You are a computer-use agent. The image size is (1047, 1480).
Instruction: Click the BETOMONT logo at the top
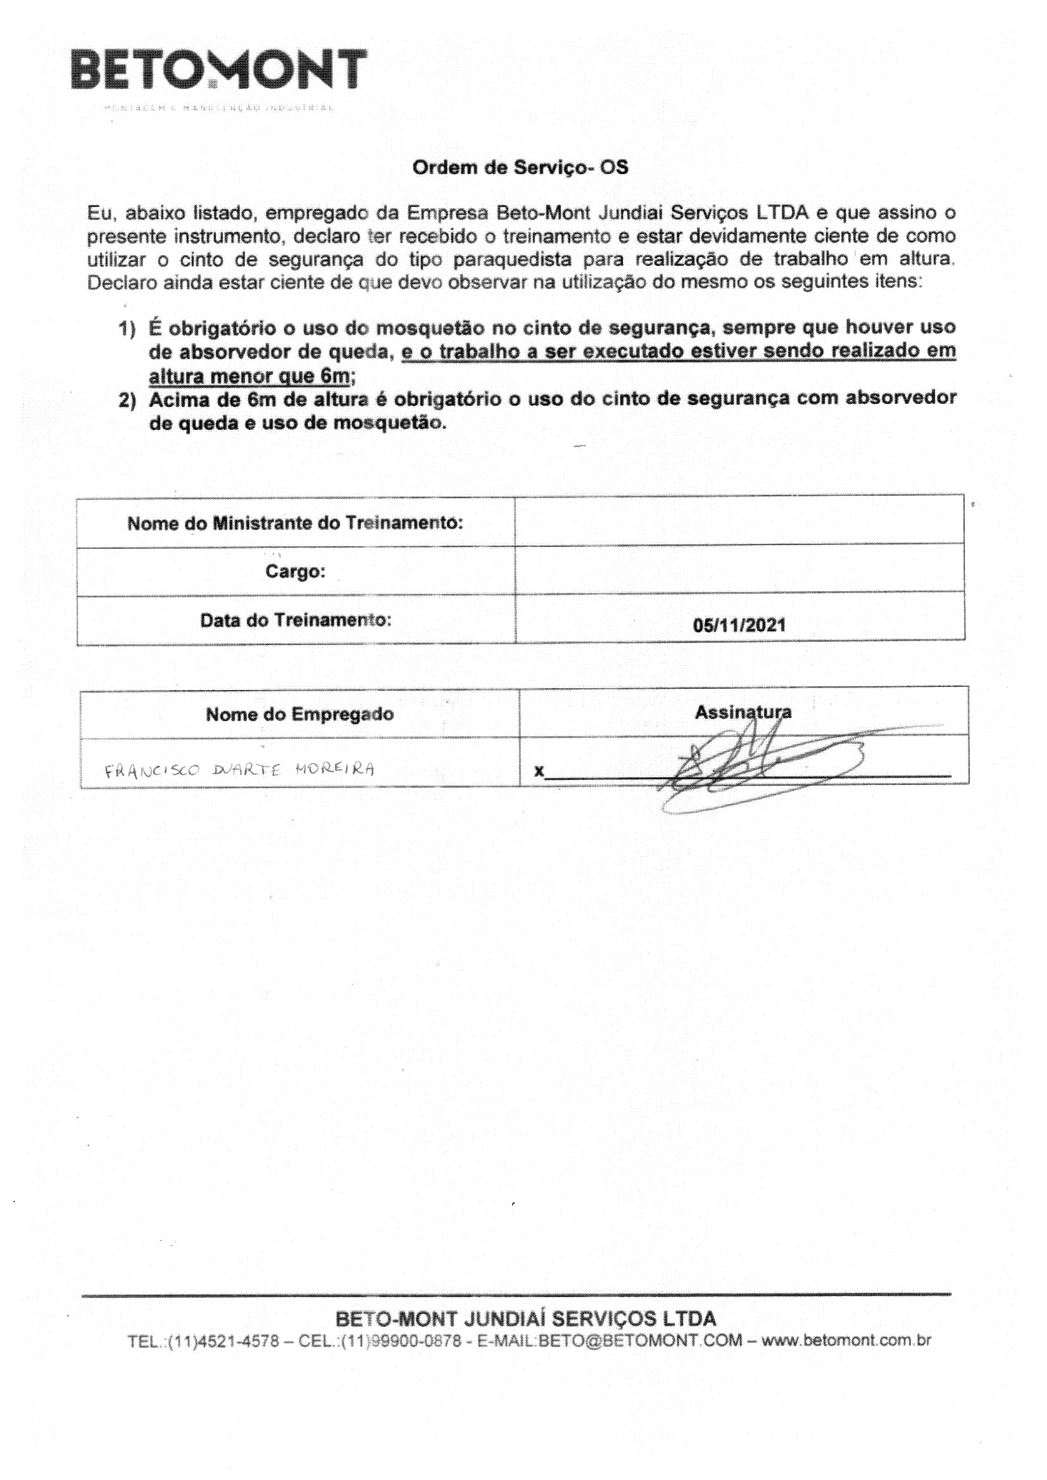click(219, 70)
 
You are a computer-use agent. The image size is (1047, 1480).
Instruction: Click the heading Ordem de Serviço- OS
click(520, 168)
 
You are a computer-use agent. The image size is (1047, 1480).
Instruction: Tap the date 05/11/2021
click(739, 625)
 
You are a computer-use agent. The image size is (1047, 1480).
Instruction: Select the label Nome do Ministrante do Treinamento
click(295, 523)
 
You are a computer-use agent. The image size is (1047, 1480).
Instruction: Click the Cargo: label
click(295, 571)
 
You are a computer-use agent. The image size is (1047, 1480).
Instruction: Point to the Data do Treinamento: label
click(295, 620)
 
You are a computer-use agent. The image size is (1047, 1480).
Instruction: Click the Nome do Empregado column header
click(300, 714)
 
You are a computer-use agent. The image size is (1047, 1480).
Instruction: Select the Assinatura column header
click(743, 712)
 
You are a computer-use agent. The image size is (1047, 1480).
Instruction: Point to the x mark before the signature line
click(539, 771)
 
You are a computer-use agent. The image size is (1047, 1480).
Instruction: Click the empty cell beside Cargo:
click(739, 570)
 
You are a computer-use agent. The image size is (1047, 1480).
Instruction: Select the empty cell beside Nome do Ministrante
click(739, 522)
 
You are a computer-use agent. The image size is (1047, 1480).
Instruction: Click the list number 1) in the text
click(127, 329)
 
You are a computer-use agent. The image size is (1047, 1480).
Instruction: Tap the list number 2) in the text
click(127, 401)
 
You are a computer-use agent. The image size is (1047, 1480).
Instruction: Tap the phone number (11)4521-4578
click(223, 1341)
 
